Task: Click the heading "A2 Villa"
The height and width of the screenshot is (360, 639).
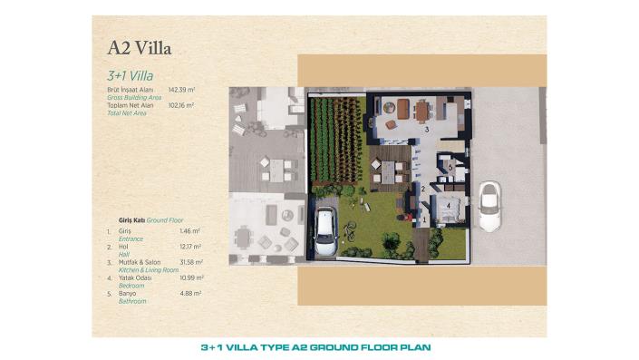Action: click(x=139, y=46)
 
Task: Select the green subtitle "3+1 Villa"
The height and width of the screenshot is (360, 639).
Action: click(x=127, y=76)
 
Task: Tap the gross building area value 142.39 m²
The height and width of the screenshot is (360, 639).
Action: click(x=181, y=91)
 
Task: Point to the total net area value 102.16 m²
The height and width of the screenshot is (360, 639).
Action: click(x=181, y=105)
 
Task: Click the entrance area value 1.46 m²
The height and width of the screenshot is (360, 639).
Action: click(x=189, y=232)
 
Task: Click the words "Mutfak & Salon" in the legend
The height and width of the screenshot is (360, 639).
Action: click(x=135, y=262)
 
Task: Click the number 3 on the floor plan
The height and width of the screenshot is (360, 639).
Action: click(x=426, y=130)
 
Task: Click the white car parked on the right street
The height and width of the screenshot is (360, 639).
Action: click(x=489, y=206)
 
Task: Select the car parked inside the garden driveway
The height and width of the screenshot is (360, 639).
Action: click(x=324, y=233)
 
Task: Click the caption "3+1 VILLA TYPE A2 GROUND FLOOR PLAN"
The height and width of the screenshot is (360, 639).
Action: click(x=315, y=347)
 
